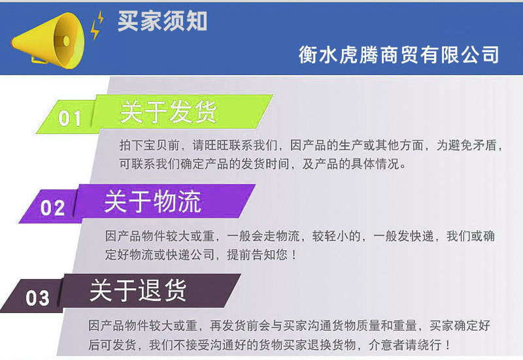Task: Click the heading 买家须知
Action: (x=162, y=21)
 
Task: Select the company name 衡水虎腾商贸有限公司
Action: (x=399, y=54)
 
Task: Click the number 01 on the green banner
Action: (x=71, y=118)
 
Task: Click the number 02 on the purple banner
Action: (x=53, y=208)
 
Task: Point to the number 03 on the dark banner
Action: (x=38, y=298)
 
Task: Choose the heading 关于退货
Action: (x=138, y=291)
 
